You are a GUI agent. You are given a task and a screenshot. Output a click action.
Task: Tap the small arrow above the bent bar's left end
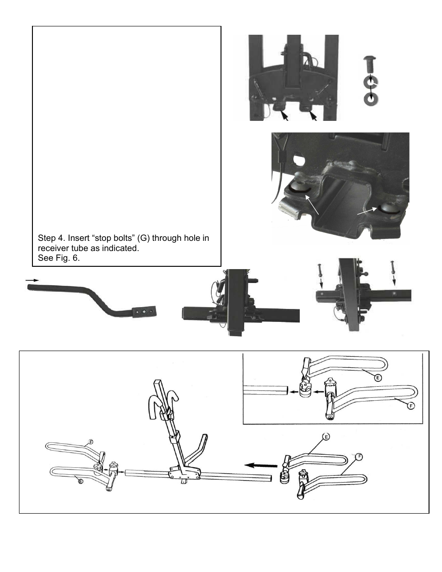click(30, 280)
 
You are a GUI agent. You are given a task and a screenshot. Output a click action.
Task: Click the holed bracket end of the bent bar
click(144, 313)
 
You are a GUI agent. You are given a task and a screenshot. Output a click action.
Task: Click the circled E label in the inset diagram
click(378, 377)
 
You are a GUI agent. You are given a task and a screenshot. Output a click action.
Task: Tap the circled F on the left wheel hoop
click(91, 441)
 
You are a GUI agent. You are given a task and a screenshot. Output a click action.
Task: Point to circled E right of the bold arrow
click(326, 437)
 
